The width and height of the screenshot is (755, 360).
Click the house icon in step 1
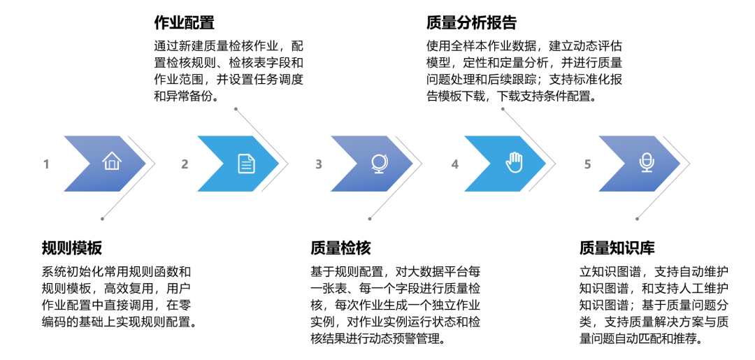(x=111, y=162)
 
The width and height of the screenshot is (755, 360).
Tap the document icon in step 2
(x=246, y=164)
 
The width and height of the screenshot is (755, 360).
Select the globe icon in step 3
(x=379, y=164)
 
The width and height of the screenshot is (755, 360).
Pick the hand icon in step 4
(x=514, y=163)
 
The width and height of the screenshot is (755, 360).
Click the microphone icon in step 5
(x=646, y=163)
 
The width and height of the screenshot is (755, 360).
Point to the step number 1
(x=46, y=164)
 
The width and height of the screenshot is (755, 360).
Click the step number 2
(x=185, y=164)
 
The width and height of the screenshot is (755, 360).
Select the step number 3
(x=319, y=164)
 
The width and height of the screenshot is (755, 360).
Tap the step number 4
(x=454, y=164)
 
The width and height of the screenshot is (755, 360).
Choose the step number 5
(x=587, y=164)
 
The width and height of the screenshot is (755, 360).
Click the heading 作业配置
(x=184, y=22)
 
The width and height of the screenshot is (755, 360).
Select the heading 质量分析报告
(x=471, y=22)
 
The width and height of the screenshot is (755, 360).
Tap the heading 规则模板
(x=72, y=248)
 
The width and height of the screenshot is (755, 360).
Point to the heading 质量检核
(x=340, y=248)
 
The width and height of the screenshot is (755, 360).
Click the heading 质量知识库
(x=617, y=248)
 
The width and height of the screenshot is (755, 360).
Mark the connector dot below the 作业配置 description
(x=236, y=109)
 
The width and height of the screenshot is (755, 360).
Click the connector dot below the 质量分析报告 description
(x=504, y=110)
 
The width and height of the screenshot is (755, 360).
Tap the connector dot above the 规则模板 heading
(x=103, y=219)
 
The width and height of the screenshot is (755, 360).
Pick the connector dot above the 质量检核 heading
(x=370, y=219)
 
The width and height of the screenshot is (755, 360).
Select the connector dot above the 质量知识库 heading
(x=637, y=219)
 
